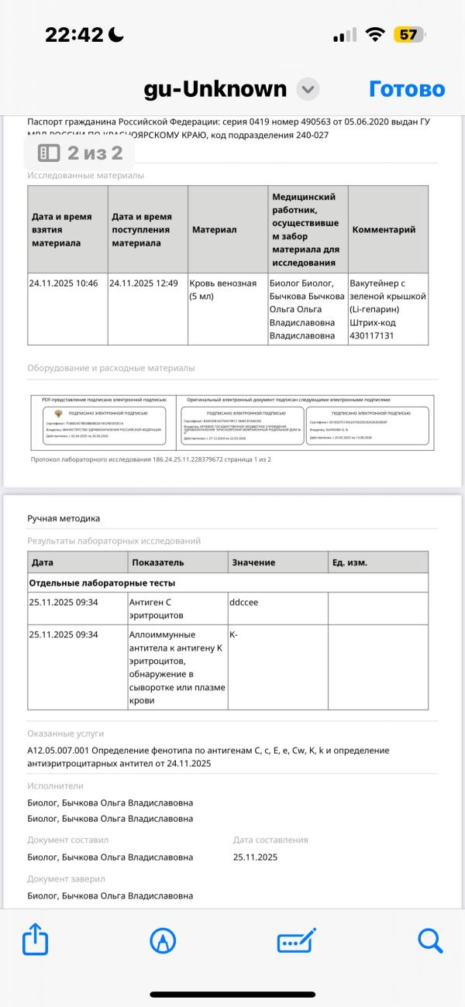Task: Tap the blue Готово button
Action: click(x=407, y=89)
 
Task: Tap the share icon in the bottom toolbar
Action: click(x=36, y=940)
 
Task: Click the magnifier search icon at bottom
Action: click(x=429, y=940)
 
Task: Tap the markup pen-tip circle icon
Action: click(x=163, y=940)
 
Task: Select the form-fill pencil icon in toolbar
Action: click(x=297, y=940)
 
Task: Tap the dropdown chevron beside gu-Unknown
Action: click(x=308, y=89)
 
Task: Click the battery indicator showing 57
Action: click(x=408, y=35)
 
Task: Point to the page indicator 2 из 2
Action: click(x=81, y=153)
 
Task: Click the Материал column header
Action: click(x=214, y=229)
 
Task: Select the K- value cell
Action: click(x=234, y=634)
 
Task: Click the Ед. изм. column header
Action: click(x=350, y=562)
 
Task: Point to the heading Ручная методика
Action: click(x=64, y=518)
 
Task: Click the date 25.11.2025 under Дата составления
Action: click(x=255, y=857)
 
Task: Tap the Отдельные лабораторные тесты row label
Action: click(x=102, y=583)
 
